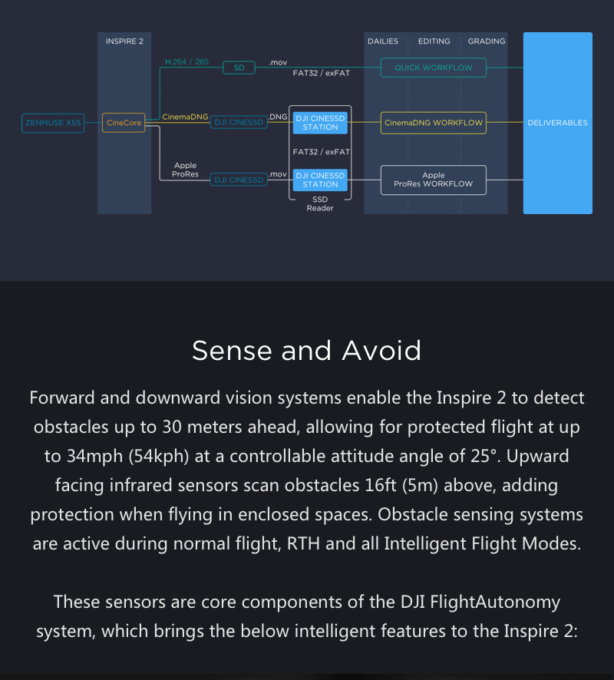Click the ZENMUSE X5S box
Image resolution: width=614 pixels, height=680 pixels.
(53, 123)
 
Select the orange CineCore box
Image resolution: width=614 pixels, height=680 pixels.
(124, 123)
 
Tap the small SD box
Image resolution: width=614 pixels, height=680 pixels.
(239, 68)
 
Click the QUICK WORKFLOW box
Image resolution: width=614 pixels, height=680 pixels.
(434, 68)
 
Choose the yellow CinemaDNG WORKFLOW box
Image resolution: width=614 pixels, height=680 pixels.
(434, 123)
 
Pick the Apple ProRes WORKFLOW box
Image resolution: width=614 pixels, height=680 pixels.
(434, 180)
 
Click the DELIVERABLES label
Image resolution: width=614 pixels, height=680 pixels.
(557, 123)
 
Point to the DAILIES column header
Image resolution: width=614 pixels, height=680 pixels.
(383, 41)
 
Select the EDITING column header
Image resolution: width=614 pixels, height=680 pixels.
(434, 41)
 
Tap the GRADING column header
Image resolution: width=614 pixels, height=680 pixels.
(487, 41)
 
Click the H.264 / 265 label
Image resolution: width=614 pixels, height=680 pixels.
(187, 61)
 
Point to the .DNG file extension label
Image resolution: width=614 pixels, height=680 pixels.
(278, 117)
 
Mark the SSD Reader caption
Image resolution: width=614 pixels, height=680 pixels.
(320, 204)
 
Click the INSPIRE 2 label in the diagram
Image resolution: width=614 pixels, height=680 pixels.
(124, 41)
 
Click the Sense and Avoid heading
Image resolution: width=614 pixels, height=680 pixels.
(307, 350)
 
